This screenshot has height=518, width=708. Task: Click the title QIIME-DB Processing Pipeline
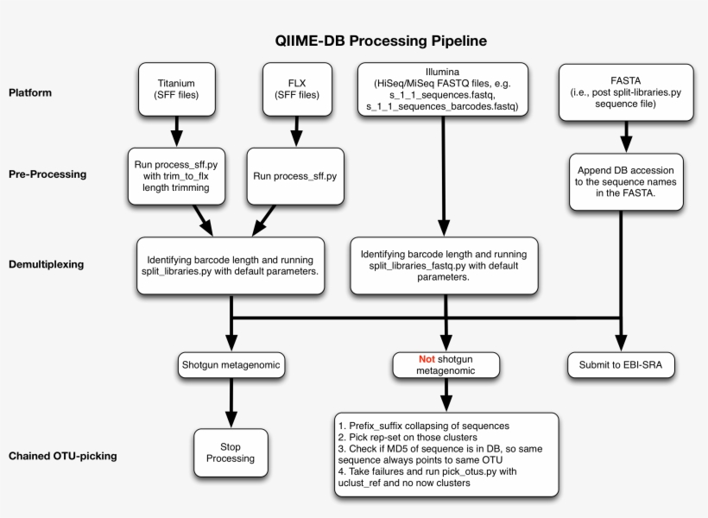380,41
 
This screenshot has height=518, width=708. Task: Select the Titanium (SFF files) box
176,88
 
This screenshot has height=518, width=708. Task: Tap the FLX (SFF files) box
297,88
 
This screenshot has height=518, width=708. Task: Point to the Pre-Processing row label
47,174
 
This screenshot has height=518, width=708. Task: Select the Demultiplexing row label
46,264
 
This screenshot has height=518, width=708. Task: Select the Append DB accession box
626,182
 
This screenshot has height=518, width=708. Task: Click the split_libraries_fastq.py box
443,266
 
